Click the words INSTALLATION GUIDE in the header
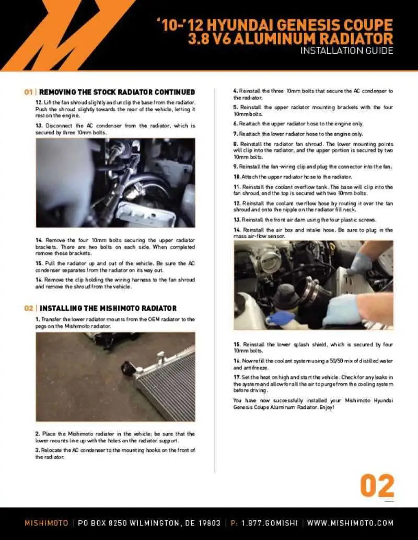click(346, 51)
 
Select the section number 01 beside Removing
click(29, 92)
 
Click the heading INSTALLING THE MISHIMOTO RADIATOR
click(108, 308)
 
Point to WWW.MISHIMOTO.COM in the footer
click(350, 523)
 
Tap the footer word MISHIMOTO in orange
click(46, 523)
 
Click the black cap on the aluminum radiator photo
click(128, 368)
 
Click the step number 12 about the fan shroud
click(39, 103)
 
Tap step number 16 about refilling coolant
click(237, 361)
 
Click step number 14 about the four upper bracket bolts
click(39, 240)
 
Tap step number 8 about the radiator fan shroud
click(236, 144)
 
